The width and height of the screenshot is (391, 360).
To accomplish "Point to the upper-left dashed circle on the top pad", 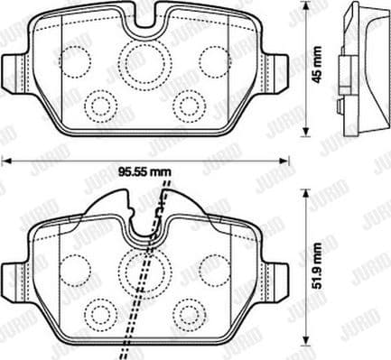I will pos(78,60).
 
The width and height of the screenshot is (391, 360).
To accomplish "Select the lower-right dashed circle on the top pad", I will pos(187,101).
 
